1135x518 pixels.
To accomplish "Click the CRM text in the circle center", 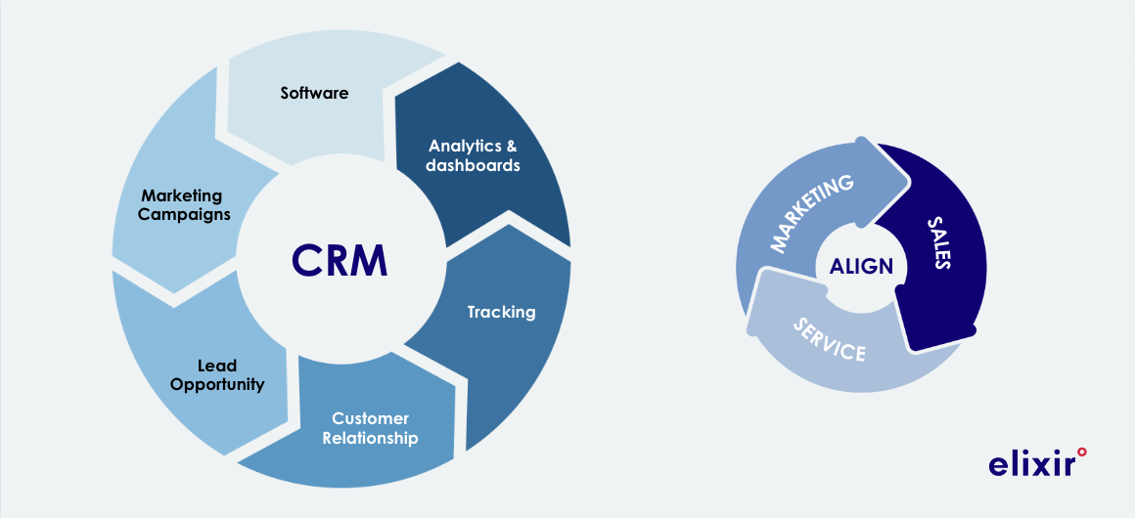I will (340, 260).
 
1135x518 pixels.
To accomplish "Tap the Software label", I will (314, 93).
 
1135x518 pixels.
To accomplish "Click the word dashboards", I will (474, 165).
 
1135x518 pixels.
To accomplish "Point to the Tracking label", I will (501, 312).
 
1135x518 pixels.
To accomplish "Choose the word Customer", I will (370, 418).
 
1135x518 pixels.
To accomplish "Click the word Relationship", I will (370, 438).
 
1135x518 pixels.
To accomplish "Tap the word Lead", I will (217, 366).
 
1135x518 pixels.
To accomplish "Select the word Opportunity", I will (217, 384).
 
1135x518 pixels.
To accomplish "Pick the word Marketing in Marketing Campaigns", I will (182, 195).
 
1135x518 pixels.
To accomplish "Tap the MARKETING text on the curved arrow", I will (812, 213).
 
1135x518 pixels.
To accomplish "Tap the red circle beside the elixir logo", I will (1081, 451).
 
